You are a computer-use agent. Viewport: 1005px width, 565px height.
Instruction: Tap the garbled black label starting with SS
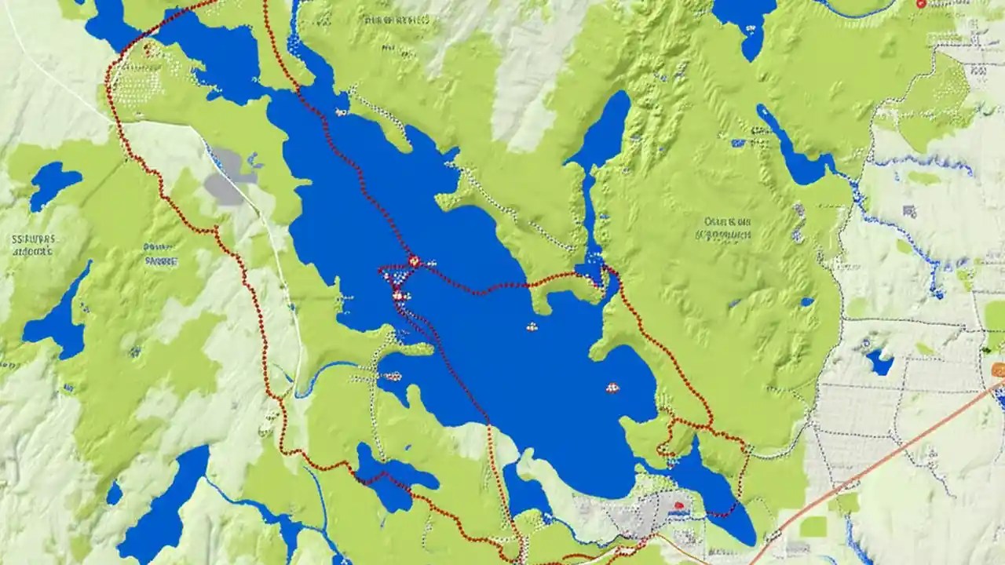(x=32, y=245)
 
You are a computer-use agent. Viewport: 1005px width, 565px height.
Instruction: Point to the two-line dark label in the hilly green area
(x=727, y=228)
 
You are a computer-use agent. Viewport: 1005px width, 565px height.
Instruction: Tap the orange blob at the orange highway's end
(x=998, y=370)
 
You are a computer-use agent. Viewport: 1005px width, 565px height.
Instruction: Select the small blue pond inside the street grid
(x=880, y=363)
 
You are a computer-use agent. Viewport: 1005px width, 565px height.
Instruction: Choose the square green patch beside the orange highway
(x=813, y=527)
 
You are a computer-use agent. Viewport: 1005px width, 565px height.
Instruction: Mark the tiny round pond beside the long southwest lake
(x=115, y=493)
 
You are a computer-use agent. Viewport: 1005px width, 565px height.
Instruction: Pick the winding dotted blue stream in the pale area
(x=919, y=235)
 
